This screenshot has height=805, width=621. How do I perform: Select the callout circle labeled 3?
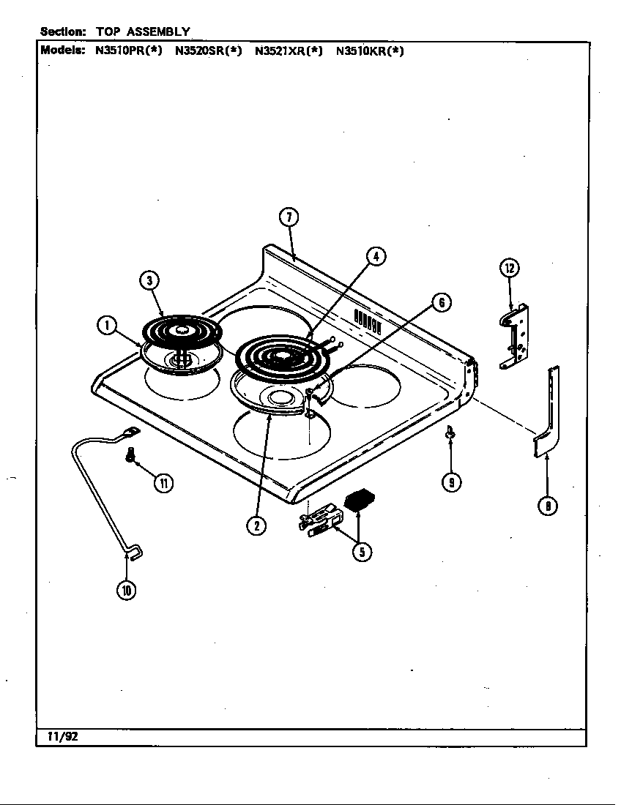click(149, 280)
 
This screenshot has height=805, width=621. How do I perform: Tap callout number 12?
click(509, 268)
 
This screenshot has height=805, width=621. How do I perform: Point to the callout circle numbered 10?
click(127, 591)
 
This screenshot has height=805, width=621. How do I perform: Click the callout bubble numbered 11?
click(164, 482)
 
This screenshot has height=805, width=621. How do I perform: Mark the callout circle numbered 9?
click(452, 482)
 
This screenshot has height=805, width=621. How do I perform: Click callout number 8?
click(547, 506)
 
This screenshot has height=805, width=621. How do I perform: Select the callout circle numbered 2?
click(256, 525)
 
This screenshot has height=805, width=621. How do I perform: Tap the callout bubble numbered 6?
click(441, 302)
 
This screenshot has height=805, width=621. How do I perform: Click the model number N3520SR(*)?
click(209, 51)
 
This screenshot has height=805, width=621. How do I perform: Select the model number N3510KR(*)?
click(370, 51)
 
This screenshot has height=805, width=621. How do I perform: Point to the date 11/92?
click(59, 737)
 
